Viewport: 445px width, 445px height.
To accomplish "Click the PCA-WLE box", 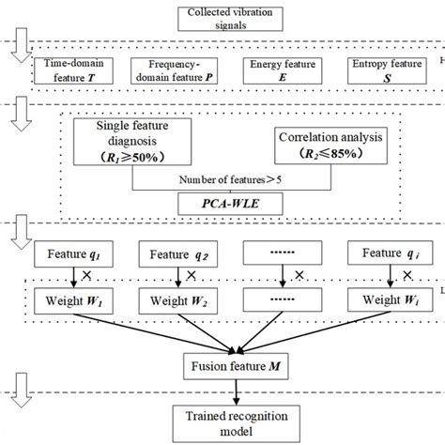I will click(222, 201).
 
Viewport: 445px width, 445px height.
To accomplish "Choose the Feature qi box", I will click(384, 253).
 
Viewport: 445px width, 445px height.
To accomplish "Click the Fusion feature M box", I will click(222, 361).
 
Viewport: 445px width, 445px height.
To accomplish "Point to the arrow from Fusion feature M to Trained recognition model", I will click(222, 386).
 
